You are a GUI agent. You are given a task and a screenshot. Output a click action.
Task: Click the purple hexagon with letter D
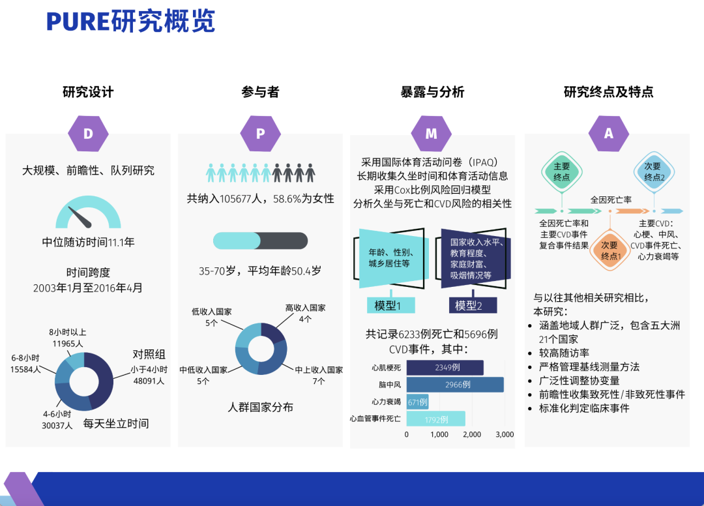(88, 134)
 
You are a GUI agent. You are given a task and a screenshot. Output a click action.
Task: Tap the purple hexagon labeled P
(260, 134)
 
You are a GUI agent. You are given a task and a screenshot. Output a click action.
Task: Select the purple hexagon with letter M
(432, 134)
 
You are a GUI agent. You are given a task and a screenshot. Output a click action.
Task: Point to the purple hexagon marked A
(608, 134)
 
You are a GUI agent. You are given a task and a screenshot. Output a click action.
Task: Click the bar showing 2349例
(445, 367)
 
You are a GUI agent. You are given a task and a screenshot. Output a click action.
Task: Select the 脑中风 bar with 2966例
(455, 384)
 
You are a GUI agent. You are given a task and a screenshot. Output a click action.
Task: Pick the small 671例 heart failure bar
(418, 402)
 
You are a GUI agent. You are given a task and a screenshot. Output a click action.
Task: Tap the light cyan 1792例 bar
(435, 419)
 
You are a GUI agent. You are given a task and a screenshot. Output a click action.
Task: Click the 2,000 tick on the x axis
(472, 434)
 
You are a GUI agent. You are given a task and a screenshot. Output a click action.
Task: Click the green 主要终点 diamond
(562, 172)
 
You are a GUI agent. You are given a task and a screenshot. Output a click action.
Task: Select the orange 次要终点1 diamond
(610, 250)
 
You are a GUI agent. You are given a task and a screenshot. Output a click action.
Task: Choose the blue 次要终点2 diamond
(654, 172)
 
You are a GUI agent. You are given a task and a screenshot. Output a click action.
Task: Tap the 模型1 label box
(391, 305)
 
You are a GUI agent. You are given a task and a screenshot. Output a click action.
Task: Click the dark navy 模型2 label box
(473, 305)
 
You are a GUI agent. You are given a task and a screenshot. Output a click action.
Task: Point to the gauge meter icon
(88, 212)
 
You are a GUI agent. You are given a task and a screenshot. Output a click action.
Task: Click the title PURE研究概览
(130, 21)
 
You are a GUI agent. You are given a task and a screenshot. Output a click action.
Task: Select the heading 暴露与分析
(432, 92)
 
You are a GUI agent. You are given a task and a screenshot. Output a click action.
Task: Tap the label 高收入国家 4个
(305, 314)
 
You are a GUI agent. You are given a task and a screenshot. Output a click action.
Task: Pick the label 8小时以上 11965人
(68, 338)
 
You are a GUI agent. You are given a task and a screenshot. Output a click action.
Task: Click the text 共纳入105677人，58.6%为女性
(260, 198)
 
